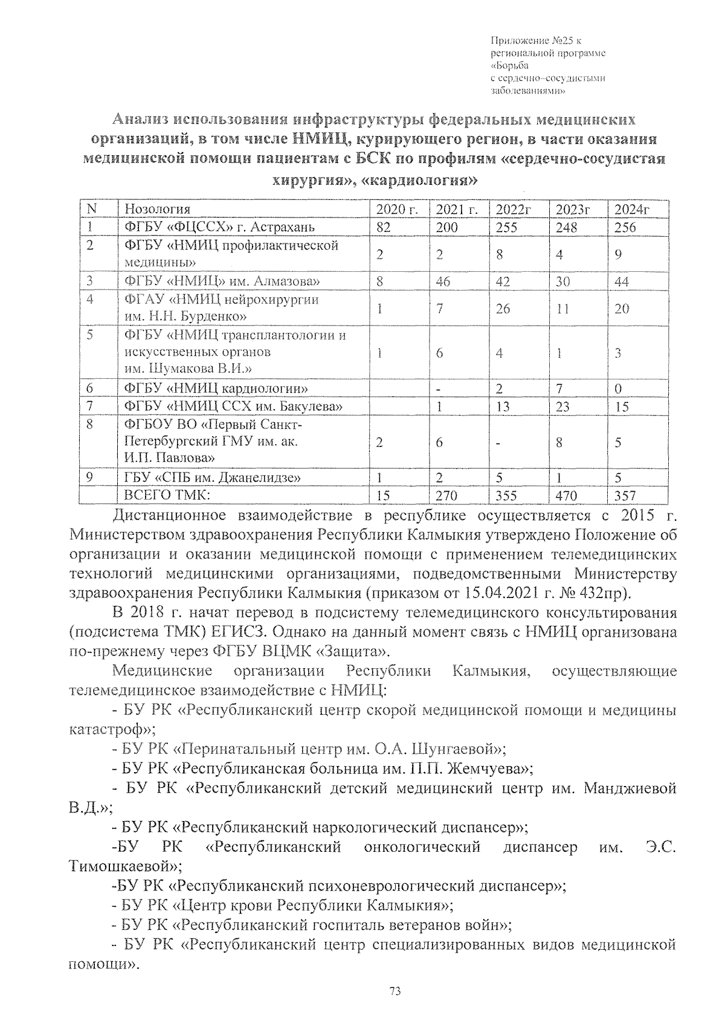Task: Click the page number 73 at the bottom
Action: (396, 991)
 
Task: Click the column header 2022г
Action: (513, 209)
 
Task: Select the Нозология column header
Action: (157, 209)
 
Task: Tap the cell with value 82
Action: (383, 228)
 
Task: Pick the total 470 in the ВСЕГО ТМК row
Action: (566, 496)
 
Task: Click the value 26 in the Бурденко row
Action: (503, 309)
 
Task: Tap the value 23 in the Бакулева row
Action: (562, 407)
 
